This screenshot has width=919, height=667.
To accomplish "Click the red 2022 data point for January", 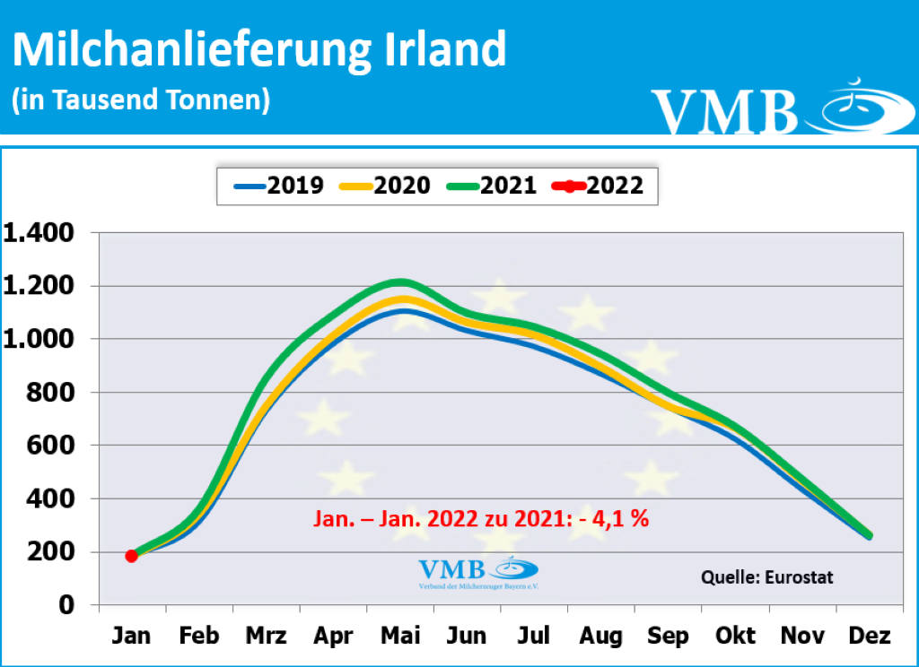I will [132, 556].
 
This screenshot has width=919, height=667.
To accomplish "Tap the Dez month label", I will [868, 637].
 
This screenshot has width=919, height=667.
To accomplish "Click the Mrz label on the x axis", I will [266, 637].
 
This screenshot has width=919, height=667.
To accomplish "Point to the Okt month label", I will [734, 637].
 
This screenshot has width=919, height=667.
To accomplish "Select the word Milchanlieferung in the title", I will [185, 51].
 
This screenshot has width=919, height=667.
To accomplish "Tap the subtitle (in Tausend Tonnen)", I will [141, 100].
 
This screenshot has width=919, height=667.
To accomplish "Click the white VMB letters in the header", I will [724, 110].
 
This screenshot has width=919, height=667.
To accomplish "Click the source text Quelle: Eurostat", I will [766, 577].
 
